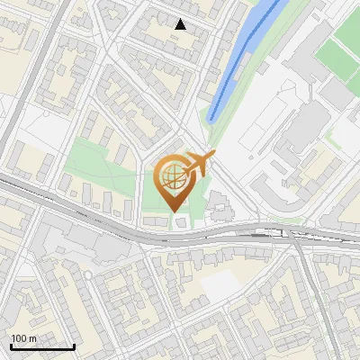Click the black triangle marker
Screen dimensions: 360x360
[181, 25]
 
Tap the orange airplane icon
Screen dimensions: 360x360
[198, 166]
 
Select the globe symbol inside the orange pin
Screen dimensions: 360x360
[171, 176]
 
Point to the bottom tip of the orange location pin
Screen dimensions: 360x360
[172, 211]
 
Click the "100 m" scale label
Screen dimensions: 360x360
[24, 338]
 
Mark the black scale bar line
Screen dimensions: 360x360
[42, 347]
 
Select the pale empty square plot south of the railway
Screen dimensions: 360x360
[220, 286]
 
